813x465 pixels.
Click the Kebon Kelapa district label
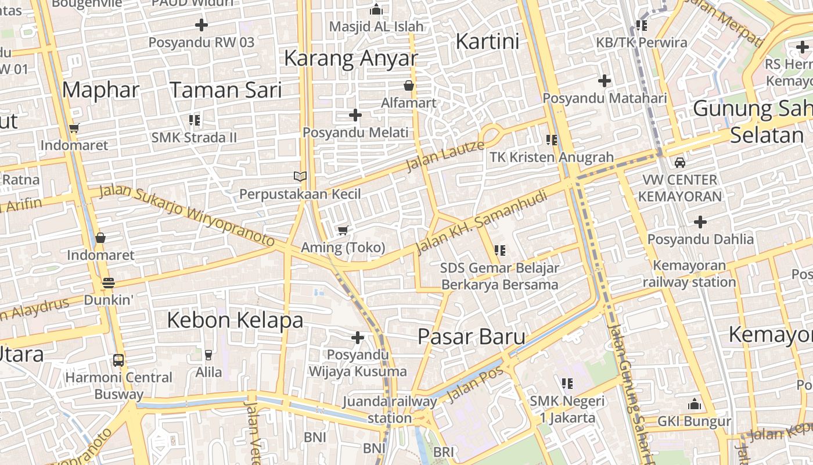[235, 320]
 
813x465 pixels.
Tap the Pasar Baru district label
[472, 337]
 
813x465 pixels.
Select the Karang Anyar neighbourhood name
[351, 58]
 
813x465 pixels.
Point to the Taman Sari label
[225, 90]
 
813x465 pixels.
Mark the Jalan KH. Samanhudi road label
[482, 223]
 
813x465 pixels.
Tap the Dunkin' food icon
[108, 283]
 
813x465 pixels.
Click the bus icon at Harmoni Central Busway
[118, 360]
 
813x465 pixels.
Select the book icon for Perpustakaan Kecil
[300, 177]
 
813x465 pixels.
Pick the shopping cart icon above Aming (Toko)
[343, 231]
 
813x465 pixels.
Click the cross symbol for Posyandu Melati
[355, 115]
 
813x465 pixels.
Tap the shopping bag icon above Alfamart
[409, 85]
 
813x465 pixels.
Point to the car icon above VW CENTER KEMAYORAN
[679, 163]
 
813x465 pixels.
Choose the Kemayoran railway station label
[689, 274]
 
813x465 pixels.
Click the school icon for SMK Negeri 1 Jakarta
[567, 384]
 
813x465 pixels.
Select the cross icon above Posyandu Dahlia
[700, 221]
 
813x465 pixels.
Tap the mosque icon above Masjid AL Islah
[376, 9]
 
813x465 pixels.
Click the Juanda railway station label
[390, 409]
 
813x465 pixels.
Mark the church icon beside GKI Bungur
[694, 405]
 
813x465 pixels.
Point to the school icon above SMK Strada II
[194, 120]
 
